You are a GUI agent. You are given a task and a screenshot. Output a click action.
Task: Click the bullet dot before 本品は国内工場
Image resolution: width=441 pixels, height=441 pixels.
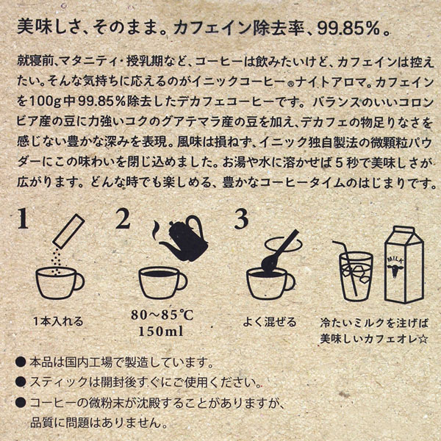[18, 363]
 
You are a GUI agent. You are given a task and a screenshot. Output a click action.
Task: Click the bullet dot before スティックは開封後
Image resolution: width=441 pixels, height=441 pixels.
[18, 383]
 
